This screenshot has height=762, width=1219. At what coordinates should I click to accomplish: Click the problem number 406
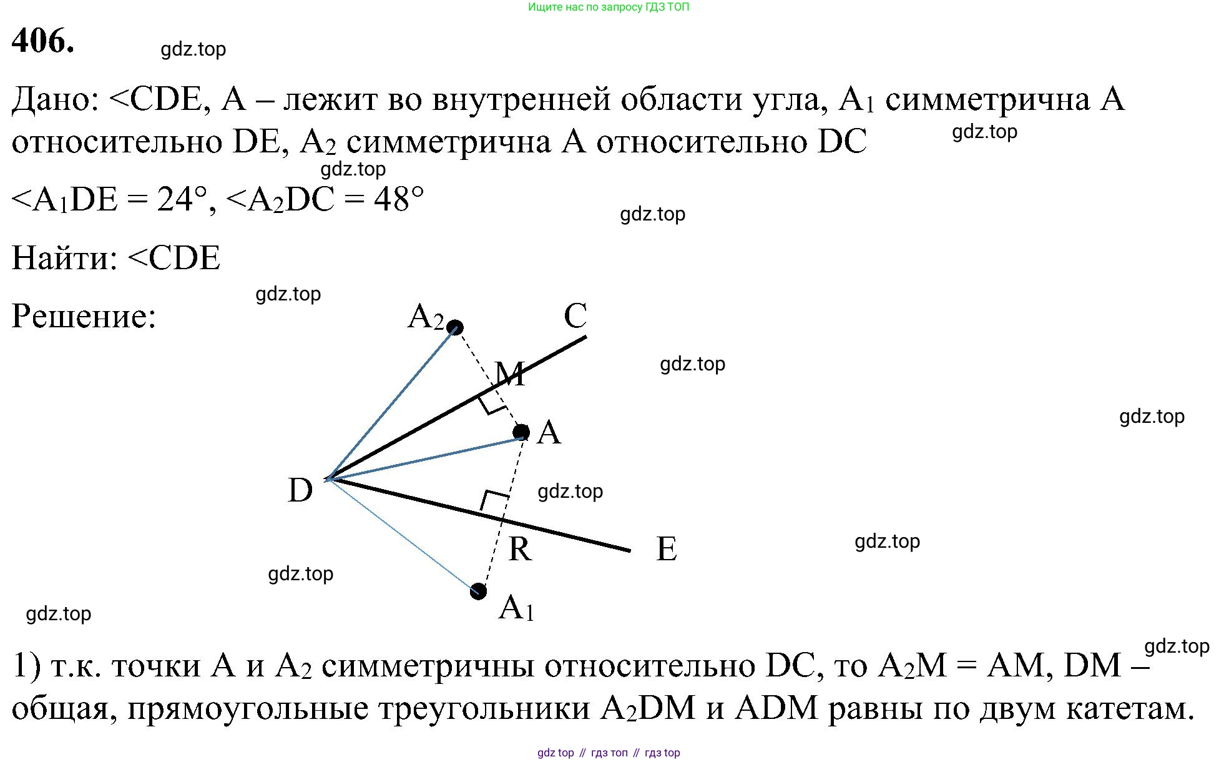tap(42, 41)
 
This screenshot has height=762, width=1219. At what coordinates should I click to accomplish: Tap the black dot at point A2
tap(455, 327)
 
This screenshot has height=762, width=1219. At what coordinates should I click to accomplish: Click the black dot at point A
tap(521, 432)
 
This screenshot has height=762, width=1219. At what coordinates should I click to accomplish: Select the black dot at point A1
tap(478, 591)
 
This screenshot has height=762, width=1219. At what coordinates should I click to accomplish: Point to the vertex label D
tap(300, 490)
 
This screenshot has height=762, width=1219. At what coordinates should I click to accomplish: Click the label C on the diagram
tap(575, 316)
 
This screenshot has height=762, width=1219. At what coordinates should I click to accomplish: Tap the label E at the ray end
tap(667, 549)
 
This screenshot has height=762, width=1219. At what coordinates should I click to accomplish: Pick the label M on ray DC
tap(510, 374)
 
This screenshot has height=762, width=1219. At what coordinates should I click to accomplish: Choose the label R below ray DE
tap(520, 549)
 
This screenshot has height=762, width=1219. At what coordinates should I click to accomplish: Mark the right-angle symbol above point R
tap(494, 500)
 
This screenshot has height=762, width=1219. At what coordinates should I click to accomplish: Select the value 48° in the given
tap(399, 200)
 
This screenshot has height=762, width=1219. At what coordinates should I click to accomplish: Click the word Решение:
tap(84, 316)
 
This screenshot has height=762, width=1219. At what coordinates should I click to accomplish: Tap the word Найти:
tap(65, 258)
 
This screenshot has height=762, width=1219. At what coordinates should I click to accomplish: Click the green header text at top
tap(609, 7)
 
